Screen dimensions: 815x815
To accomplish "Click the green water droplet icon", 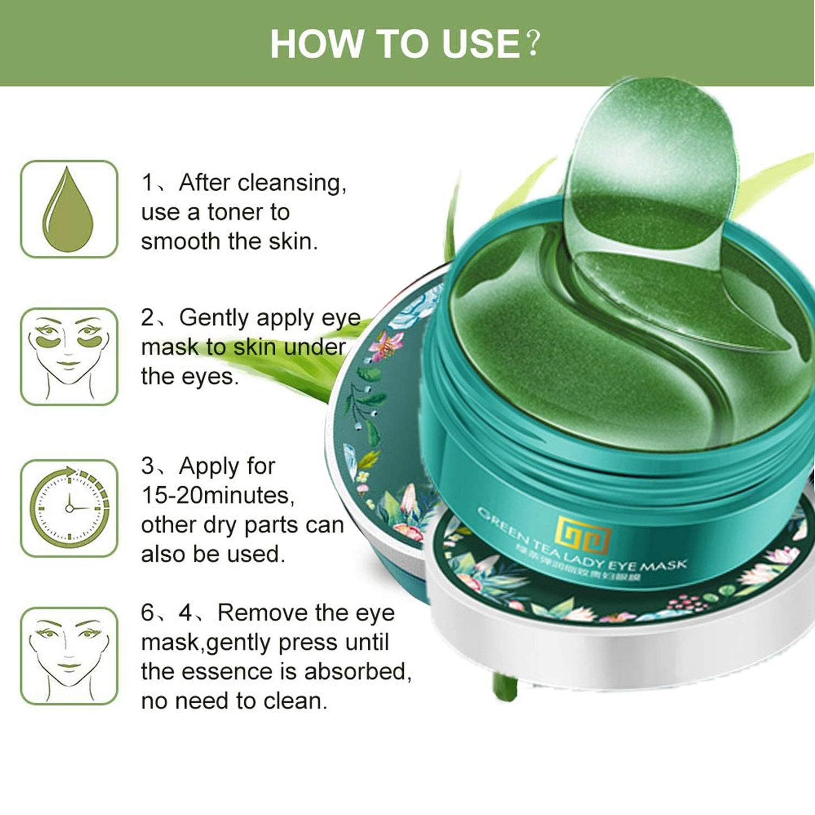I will click(68, 209).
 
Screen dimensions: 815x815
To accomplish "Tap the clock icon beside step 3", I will click(69, 508).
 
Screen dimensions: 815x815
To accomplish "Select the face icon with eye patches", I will click(69, 356).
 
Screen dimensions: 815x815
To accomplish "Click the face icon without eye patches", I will click(69, 656).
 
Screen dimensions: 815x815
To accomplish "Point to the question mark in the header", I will click(532, 44).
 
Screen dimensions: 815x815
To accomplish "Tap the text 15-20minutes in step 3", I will click(217, 496).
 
